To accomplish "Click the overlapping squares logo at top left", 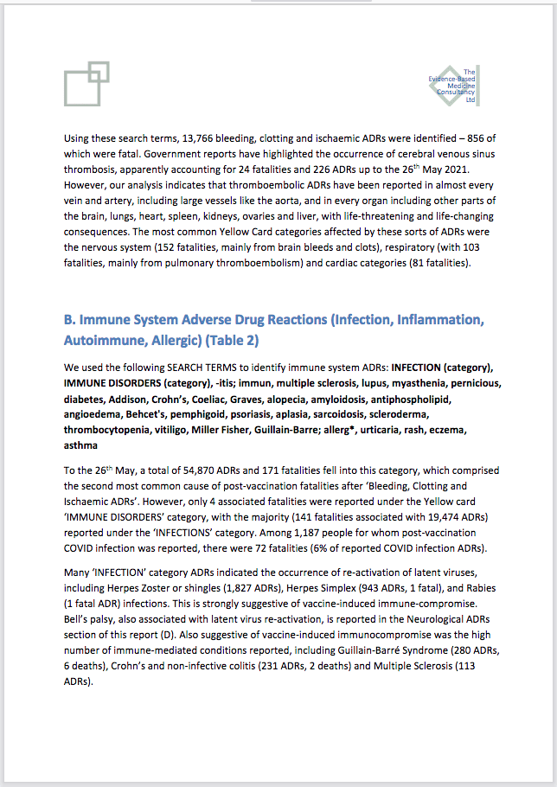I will coord(86,84).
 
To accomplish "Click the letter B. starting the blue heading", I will coord(70,321).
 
